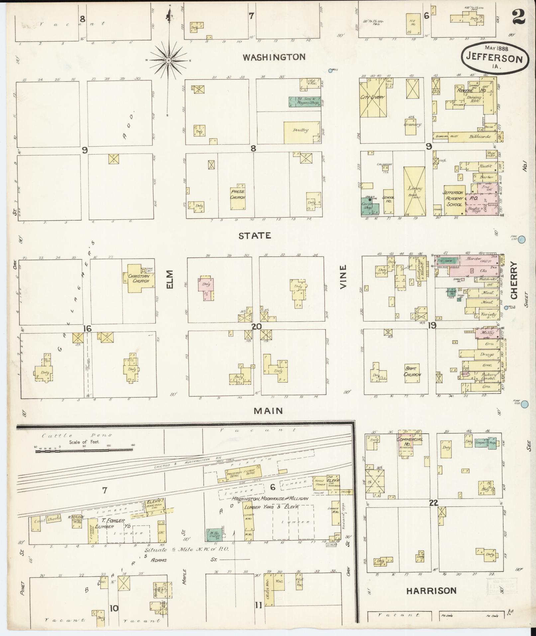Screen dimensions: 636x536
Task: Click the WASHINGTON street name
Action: (274, 57)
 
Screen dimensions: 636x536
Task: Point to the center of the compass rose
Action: (168, 61)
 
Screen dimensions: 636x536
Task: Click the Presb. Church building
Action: (238, 197)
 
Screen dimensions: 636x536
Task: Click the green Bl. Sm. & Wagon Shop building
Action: (304, 102)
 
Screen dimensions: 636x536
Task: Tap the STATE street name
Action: (255, 236)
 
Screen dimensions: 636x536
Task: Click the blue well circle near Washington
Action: (330, 70)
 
